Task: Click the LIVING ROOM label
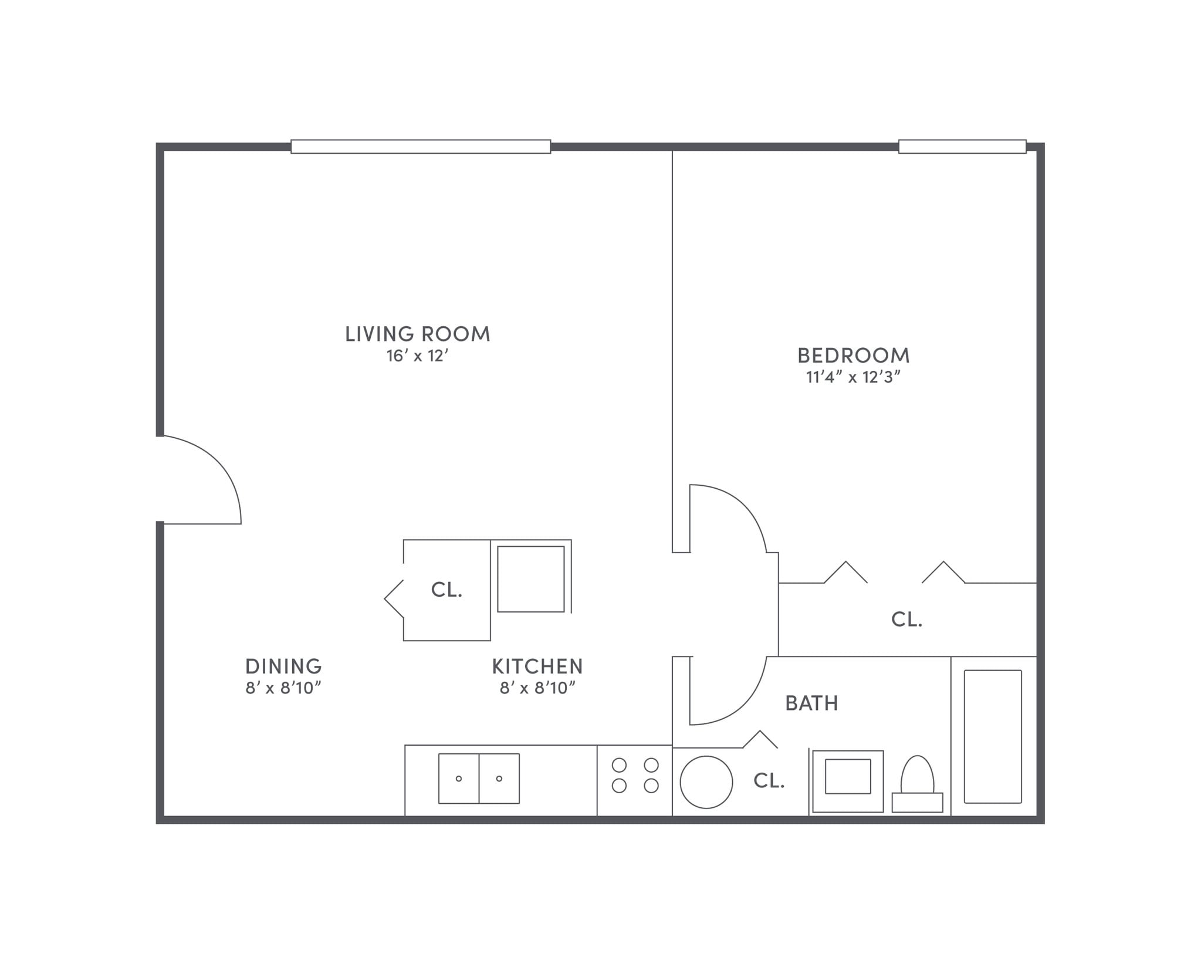pos(417,334)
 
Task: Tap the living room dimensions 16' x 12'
pos(417,356)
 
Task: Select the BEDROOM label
pos(853,356)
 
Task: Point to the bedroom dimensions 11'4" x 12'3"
pos(853,377)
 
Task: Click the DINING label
pos(283,666)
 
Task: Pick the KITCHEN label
pos(537,666)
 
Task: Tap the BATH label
pos(811,703)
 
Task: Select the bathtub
pos(993,736)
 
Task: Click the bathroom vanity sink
pos(848,777)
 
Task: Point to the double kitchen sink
pos(479,779)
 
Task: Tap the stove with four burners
pos(635,776)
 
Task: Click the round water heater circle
pos(706,782)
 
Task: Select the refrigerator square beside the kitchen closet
pos(531,579)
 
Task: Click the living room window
pos(421,147)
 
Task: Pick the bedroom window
pos(962,147)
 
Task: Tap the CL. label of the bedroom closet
pos(906,620)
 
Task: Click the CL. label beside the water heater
pos(769,781)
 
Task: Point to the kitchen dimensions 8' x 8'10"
pos(537,688)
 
